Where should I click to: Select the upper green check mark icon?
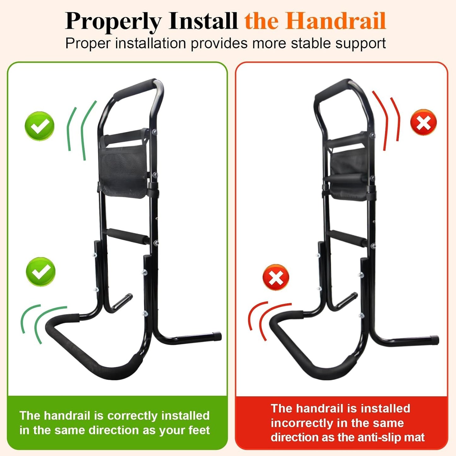39,126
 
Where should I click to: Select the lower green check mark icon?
41,272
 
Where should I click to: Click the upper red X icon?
423,122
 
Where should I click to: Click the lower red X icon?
276,277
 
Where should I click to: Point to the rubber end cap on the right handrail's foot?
435,340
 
